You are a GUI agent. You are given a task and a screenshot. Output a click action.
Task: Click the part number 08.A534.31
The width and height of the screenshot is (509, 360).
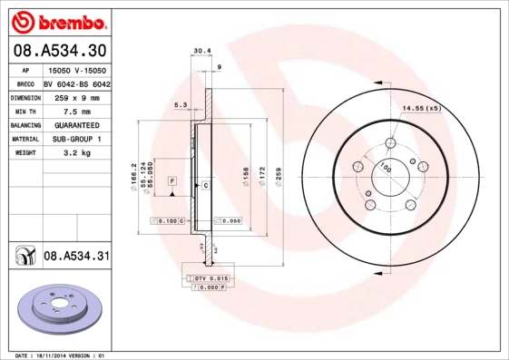pyautogui.click(x=77, y=257)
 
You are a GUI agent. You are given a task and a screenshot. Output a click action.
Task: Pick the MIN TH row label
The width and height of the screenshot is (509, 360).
pyautogui.click(x=24, y=111)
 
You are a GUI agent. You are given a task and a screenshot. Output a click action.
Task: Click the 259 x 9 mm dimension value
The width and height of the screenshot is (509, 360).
pyautogui.click(x=76, y=96)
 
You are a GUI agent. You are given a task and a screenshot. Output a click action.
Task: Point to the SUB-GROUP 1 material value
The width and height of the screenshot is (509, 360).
pyautogui.click(x=76, y=140)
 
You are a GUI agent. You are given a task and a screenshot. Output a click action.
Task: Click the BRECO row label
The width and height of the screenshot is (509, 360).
pyautogui.click(x=24, y=83)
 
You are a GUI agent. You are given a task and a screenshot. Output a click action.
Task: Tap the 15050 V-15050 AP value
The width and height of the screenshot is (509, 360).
pyautogui.click(x=76, y=69)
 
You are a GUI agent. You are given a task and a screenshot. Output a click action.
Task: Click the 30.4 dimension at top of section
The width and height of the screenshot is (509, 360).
pyautogui.click(x=201, y=51)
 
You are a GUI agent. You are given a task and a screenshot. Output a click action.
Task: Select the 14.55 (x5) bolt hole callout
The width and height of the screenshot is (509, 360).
pyautogui.click(x=422, y=109)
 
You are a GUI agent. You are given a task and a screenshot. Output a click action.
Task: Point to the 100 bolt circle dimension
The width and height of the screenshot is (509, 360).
pyautogui.click(x=385, y=168)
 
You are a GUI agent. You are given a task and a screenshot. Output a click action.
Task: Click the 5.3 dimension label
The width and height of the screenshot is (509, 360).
pyautogui.click(x=181, y=106)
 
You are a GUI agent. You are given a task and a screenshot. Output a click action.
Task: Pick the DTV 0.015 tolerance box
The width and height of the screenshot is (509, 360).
pyautogui.click(x=207, y=277)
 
